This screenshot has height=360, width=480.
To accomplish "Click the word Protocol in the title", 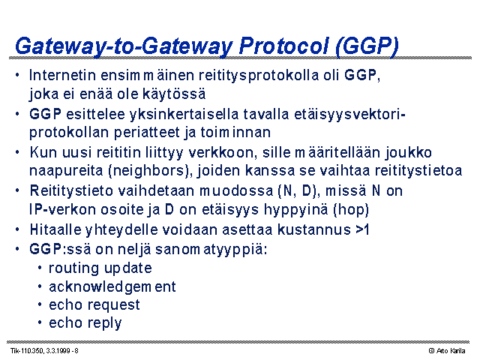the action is coord(283,46).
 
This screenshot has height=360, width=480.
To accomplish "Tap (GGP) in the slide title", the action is coord(367,46).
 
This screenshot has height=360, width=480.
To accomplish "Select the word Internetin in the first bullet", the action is coord(62,75).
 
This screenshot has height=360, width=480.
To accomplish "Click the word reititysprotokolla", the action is coord(259,76).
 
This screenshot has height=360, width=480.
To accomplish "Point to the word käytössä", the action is coord(174,94).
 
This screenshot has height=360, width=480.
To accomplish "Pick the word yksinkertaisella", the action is coord(184,115).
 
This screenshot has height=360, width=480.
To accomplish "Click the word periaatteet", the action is coord(147,133).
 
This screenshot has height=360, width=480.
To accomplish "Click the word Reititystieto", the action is coord(71,190).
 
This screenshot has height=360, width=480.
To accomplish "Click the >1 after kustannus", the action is coord(362,229).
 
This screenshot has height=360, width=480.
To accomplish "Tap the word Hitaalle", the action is coord(55,229).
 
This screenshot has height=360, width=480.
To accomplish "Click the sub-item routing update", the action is coord(100,268).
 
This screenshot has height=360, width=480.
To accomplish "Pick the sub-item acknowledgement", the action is coord(112,287).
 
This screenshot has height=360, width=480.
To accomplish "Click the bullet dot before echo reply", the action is coord(40,322).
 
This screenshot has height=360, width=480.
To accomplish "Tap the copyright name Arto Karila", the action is coord(451,351).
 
